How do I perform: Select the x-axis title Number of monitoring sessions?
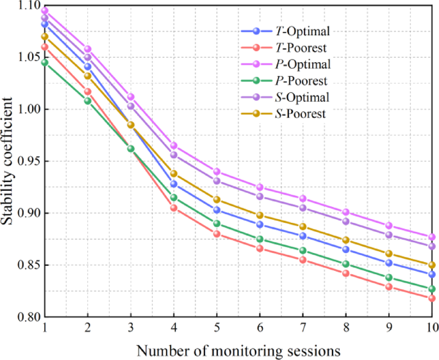point(238,350)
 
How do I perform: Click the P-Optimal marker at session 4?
point(174,146)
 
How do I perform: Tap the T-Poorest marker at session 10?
point(433,298)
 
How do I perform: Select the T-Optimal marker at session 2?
point(88,67)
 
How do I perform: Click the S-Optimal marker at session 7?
point(303,208)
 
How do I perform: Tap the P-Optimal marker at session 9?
point(389,225)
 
